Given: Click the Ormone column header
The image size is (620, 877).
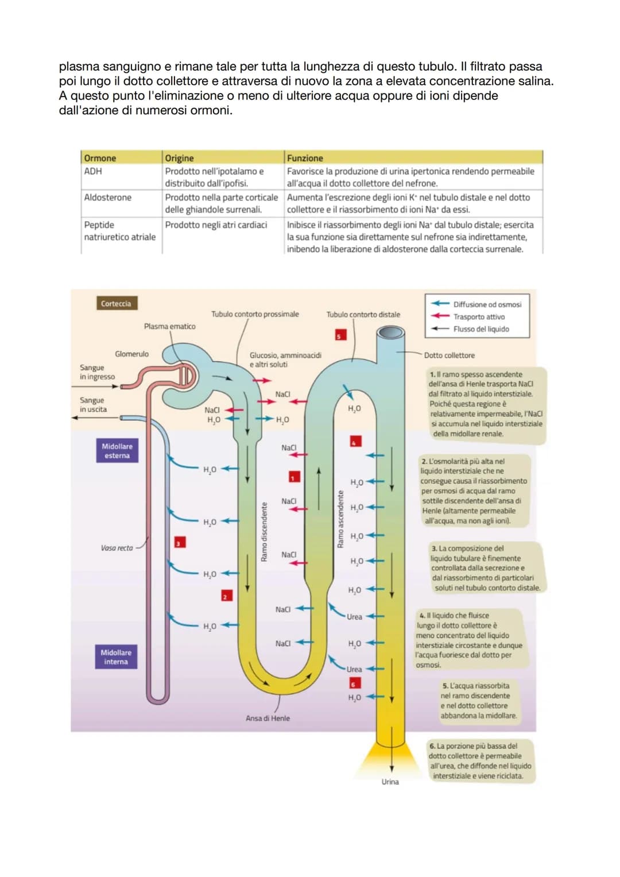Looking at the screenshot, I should pyautogui.click(x=100, y=158).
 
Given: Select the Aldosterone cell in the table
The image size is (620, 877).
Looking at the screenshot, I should pyautogui.click(x=108, y=198).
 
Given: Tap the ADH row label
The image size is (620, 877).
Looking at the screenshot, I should pyautogui.click(x=93, y=171).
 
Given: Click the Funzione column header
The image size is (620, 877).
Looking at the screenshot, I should pyautogui.click(x=305, y=158).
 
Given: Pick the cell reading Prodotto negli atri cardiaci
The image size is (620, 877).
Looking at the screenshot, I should pyautogui.click(x=216, y=225).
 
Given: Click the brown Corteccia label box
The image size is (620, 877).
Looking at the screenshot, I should pyautogui.click(x=116, y=304).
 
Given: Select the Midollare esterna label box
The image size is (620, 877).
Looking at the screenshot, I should pyautogui.click(x=117, y=451).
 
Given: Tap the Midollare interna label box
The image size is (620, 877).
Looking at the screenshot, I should pyautogui.click(x=116, y=657).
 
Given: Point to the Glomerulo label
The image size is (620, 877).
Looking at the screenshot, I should pyautogui.click(x=131, y=354).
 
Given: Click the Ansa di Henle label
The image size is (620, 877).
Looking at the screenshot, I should pyautogui.click(x=268, y=718).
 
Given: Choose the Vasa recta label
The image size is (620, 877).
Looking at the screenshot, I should pyautogui.click(x=117, y=548).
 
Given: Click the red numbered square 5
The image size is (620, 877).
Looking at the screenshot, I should pyautogui.click(x=339, y=335).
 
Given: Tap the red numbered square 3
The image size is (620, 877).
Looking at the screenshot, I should pyautogui.click(x=180, y=542).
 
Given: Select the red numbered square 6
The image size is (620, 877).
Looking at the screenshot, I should pyautogui.click(x=355, y=683).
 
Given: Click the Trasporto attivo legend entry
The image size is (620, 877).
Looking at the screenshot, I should pyautogui.click(x=479, y=317).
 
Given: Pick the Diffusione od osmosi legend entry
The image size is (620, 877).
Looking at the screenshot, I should pyautogui.click(x=487, y=304).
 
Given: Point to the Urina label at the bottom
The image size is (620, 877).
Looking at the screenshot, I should pyautogui.click(x=390, y=782).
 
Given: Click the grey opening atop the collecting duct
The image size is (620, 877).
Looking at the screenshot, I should pyautogui.click(x=390, y=333).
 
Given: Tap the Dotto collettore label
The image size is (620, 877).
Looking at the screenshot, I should pyautogui.click(x=449, y=356).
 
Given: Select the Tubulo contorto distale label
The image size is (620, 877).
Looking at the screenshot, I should pyautogui.click(x=363, y=315).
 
